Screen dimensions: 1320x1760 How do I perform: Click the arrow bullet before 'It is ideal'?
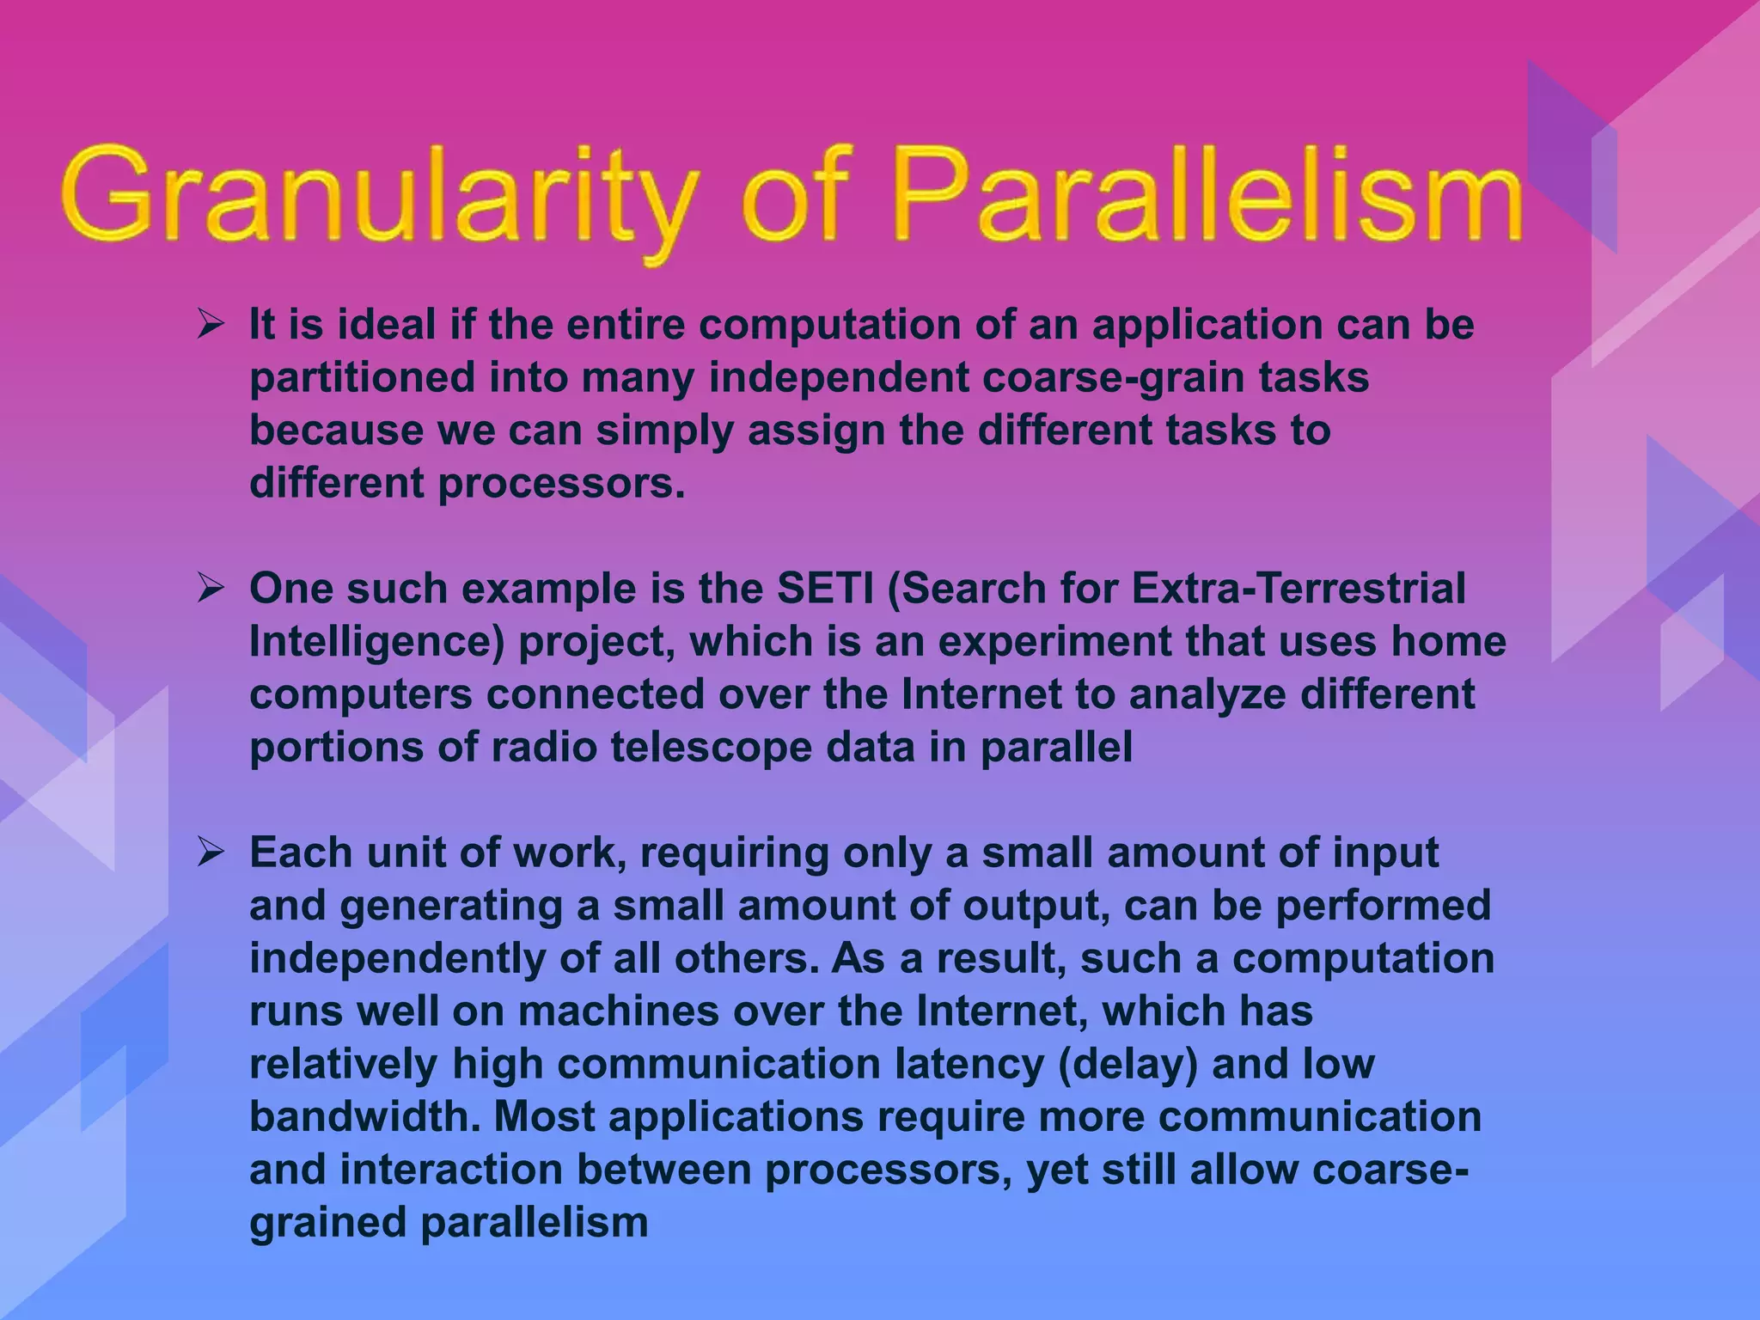(x=211, y=326)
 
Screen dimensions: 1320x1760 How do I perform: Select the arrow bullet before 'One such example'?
(x=211, y=590)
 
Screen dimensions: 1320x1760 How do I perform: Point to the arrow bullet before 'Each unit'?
(x=211, y=853)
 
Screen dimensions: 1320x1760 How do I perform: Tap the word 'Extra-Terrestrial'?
(x=1298, y=590)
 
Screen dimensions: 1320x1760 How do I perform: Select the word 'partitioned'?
(x=362, y=379)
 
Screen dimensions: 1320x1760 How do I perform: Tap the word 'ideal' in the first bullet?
(x=385, y=326)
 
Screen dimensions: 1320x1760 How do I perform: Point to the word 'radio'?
(x=543, y=748)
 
